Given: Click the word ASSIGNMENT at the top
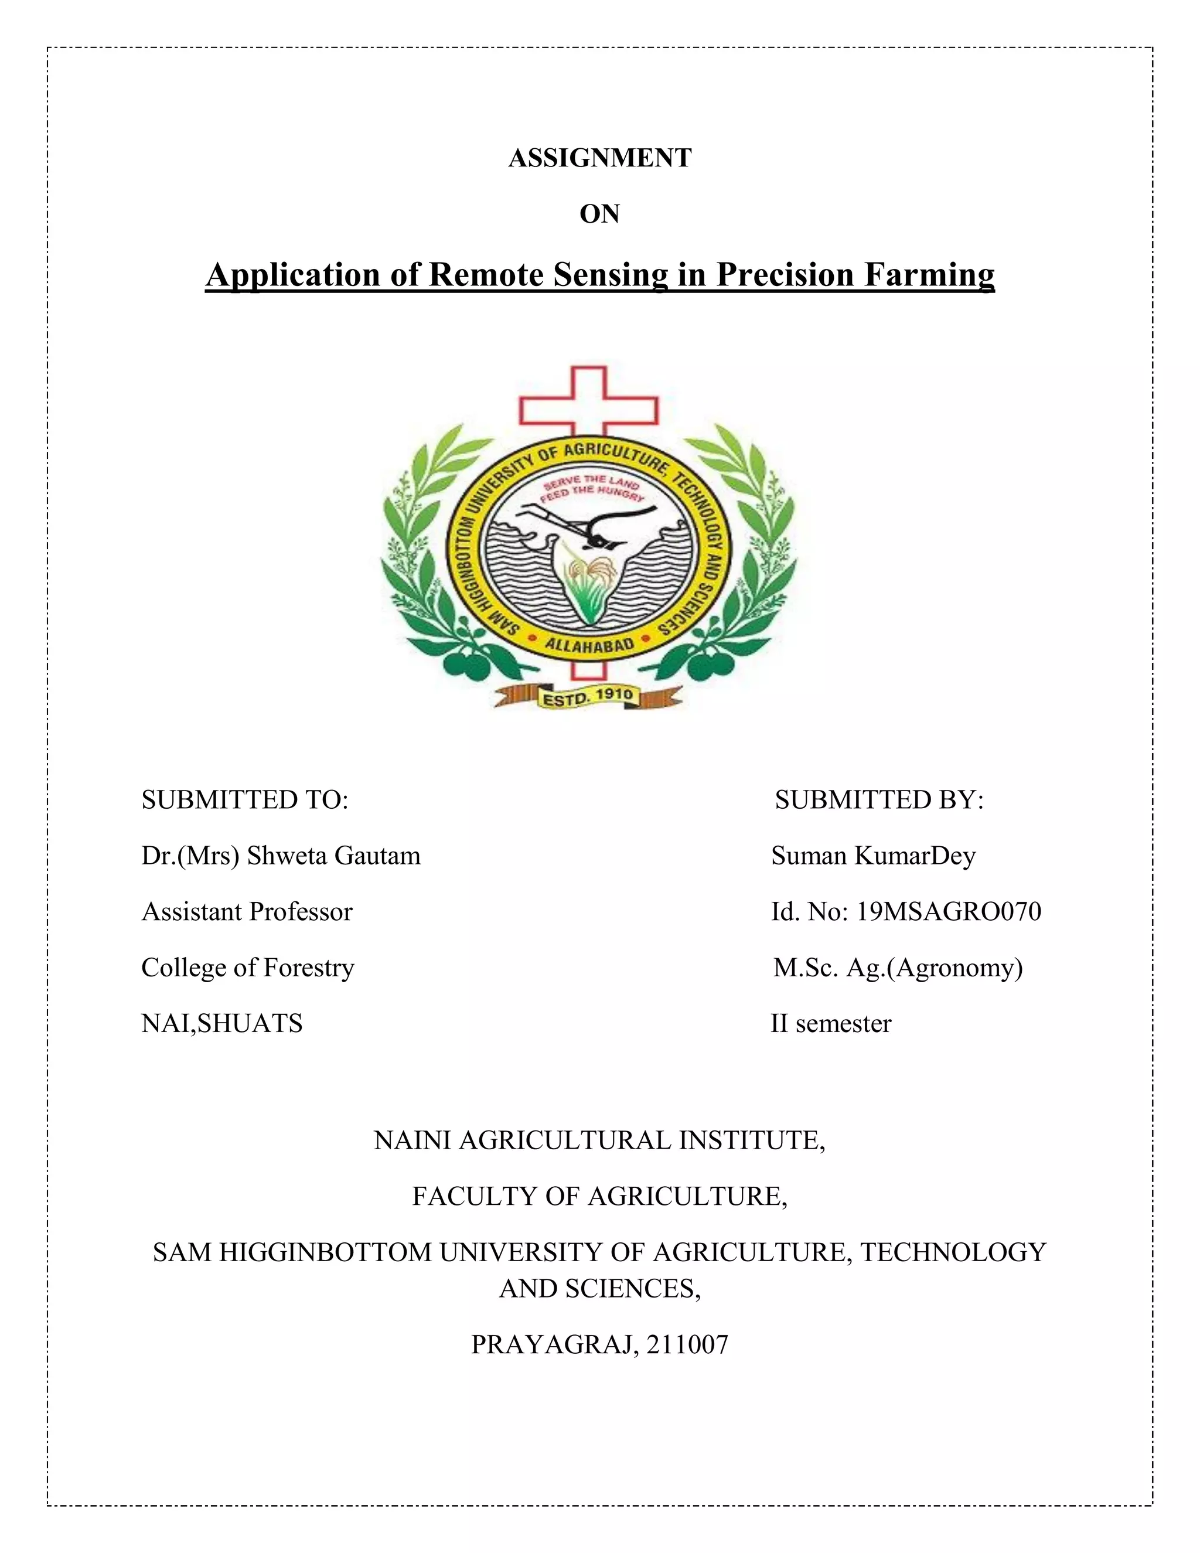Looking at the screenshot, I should point(599,158).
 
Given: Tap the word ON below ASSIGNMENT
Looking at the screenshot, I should point(599,214).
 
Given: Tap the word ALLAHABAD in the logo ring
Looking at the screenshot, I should point(589,646).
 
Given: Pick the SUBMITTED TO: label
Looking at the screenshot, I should point(244,800).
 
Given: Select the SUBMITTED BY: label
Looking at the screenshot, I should point(879,800).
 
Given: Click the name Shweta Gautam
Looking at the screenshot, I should point(333,856).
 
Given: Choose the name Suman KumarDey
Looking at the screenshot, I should point(873,856).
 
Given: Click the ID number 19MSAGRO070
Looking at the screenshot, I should point(949,912).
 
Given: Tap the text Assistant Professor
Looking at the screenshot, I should point(247,912).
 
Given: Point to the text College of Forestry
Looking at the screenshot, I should point(247,968).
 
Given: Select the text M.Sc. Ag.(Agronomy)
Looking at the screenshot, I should point(898,968).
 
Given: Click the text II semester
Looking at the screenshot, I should point(830,1024).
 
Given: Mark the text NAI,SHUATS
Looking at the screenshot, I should point(222,1024).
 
